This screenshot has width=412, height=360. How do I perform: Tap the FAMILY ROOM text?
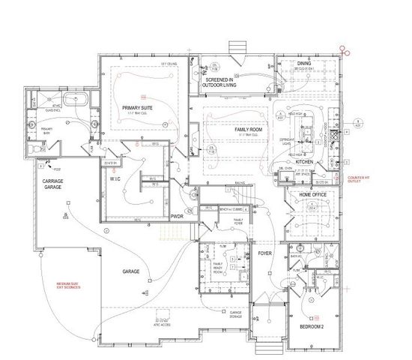246,130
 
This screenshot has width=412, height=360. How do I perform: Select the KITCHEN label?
305,161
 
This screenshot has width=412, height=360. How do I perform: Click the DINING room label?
303,64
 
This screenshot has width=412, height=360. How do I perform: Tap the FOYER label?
264,253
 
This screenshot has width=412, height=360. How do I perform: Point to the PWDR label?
177,216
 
